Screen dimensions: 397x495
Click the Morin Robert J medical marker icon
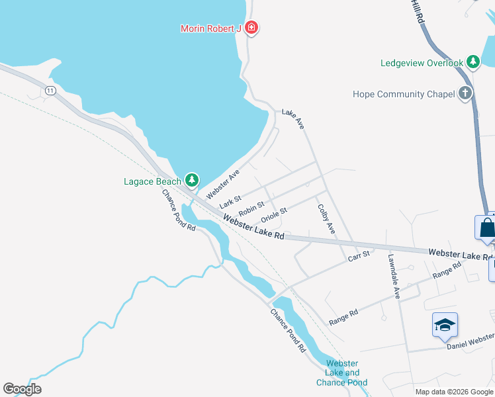coord(251,28)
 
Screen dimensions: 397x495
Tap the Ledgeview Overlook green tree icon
coord(472,62)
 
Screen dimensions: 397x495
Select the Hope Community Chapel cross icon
coord(466,93)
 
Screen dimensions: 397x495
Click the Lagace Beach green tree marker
coord(192,179)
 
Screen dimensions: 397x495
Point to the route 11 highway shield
coord(50,91)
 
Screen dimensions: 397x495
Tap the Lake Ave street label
coord(292,118)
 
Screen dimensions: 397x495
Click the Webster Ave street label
coord(222,184)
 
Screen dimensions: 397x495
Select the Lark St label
coord(230,200)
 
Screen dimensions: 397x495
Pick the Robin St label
coord(251,210)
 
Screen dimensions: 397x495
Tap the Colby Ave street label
coord(326,218)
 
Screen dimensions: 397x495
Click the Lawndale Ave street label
coord(394,277)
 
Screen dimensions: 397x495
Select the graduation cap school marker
coord(445,325)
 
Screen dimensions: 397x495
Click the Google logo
coord(22,388)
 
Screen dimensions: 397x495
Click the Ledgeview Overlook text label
coord(422,63)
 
